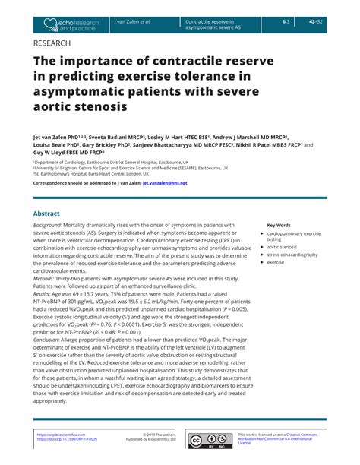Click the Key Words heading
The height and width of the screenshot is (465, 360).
[x=279, y=225]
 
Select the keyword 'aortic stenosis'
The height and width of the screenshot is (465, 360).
[x=283, y=247]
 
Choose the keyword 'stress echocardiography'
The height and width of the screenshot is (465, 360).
[x=292, y=255]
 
